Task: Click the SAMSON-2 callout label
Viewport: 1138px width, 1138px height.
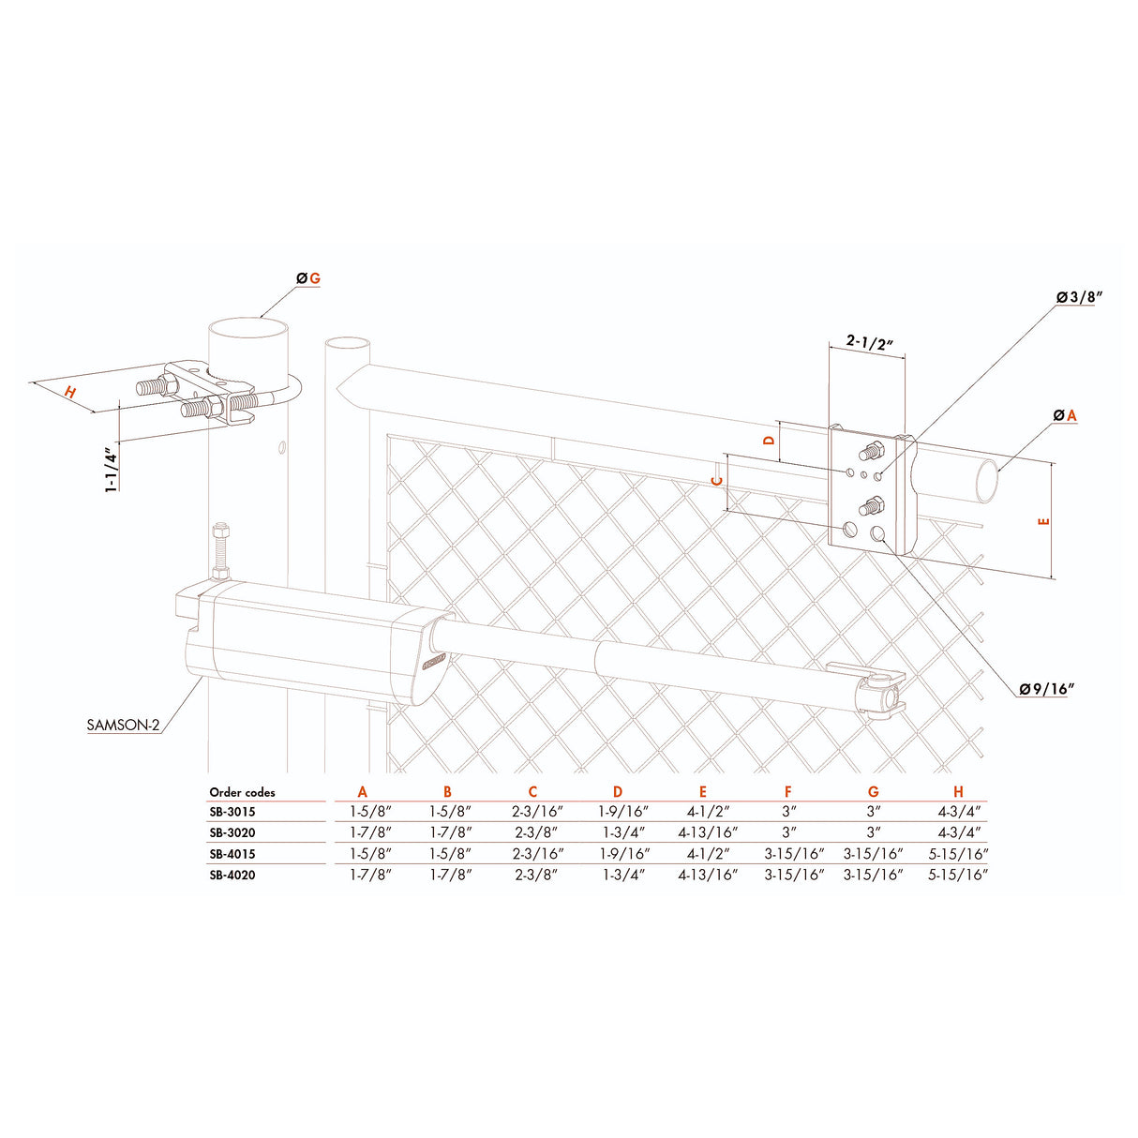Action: [x=123, y=725]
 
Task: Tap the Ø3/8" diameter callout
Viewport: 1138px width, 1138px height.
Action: [x=1078, y=297]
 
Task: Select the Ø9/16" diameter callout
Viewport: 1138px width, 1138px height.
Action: [x=1046, y=690]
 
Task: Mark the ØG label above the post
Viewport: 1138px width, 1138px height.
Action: [x=308, y=278]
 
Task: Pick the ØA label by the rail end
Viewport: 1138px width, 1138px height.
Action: [x=1066, y=414]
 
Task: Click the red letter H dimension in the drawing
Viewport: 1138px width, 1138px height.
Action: [x=70, y=393]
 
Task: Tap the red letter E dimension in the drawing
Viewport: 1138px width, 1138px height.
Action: [x=1045, y=521]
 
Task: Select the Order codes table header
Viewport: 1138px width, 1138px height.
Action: [x=242, y=792]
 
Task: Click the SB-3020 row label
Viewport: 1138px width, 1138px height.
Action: [x=232, y=832]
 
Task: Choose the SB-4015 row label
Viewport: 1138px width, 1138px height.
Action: [x=232, y=854]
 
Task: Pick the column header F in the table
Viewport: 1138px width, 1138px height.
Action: [x=787, y=792]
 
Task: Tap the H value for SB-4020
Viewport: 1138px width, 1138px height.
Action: [x=958, y=875]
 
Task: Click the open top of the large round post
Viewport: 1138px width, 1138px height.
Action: [x=247, y=331]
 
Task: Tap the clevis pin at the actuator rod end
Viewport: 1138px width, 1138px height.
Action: [x=884, y=696]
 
